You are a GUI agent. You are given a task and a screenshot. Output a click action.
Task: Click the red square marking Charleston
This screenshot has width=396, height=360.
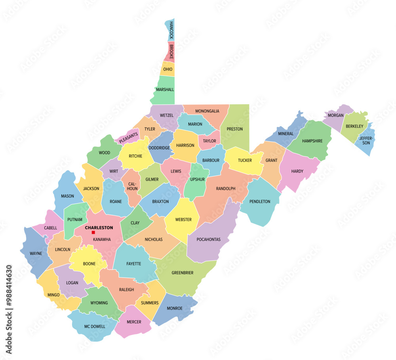93,232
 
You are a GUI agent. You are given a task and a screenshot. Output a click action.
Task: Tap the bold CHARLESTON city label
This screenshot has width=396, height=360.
99,228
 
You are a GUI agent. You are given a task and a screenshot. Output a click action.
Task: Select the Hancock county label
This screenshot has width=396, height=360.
171,30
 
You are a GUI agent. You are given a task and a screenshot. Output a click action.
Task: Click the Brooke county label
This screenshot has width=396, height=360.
171,52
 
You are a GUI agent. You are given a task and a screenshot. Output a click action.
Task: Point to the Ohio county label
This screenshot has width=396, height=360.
168,69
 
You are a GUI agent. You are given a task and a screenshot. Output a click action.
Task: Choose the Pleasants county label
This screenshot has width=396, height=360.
128,138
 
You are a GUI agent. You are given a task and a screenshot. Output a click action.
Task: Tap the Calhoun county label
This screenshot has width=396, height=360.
132,186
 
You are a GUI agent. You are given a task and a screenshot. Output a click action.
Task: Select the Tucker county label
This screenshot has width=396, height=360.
245,160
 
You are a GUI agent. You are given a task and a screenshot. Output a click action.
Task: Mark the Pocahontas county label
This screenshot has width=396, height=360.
209,239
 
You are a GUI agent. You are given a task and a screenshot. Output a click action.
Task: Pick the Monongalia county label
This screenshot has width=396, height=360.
207,111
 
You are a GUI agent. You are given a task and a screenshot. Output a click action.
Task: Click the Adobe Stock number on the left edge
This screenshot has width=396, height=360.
9,309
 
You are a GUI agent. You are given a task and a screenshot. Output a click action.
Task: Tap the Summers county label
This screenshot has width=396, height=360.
150,303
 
